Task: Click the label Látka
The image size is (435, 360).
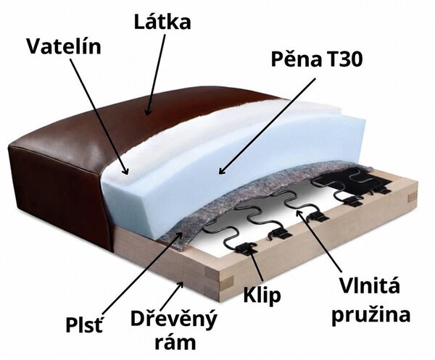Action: pyautogui.click(x=162, y=22)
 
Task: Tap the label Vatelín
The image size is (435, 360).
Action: pyautogui.click(x=64, y=46)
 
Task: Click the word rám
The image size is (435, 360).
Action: pyautogui.click(x=175, y=343)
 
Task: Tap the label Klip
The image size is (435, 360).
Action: pyautogui.click(x=262, y=296)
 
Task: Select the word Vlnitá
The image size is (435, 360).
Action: pyautogui.click(x=370, y=286)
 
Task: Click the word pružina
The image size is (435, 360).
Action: pyautogui.click(x=371, y=315)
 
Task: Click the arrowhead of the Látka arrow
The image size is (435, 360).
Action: pyautogui.click(x=148, y=112)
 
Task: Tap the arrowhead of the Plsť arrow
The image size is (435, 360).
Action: pyautogui.click(x=180, y=235)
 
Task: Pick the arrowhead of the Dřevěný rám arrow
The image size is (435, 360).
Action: pyautogui.click(x=181, y=285)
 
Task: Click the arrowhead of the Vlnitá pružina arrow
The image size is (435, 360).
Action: pyautogui.click(x=299, y=214)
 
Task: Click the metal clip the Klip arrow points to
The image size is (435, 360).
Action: pyautogui.click(x=245, y=247)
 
